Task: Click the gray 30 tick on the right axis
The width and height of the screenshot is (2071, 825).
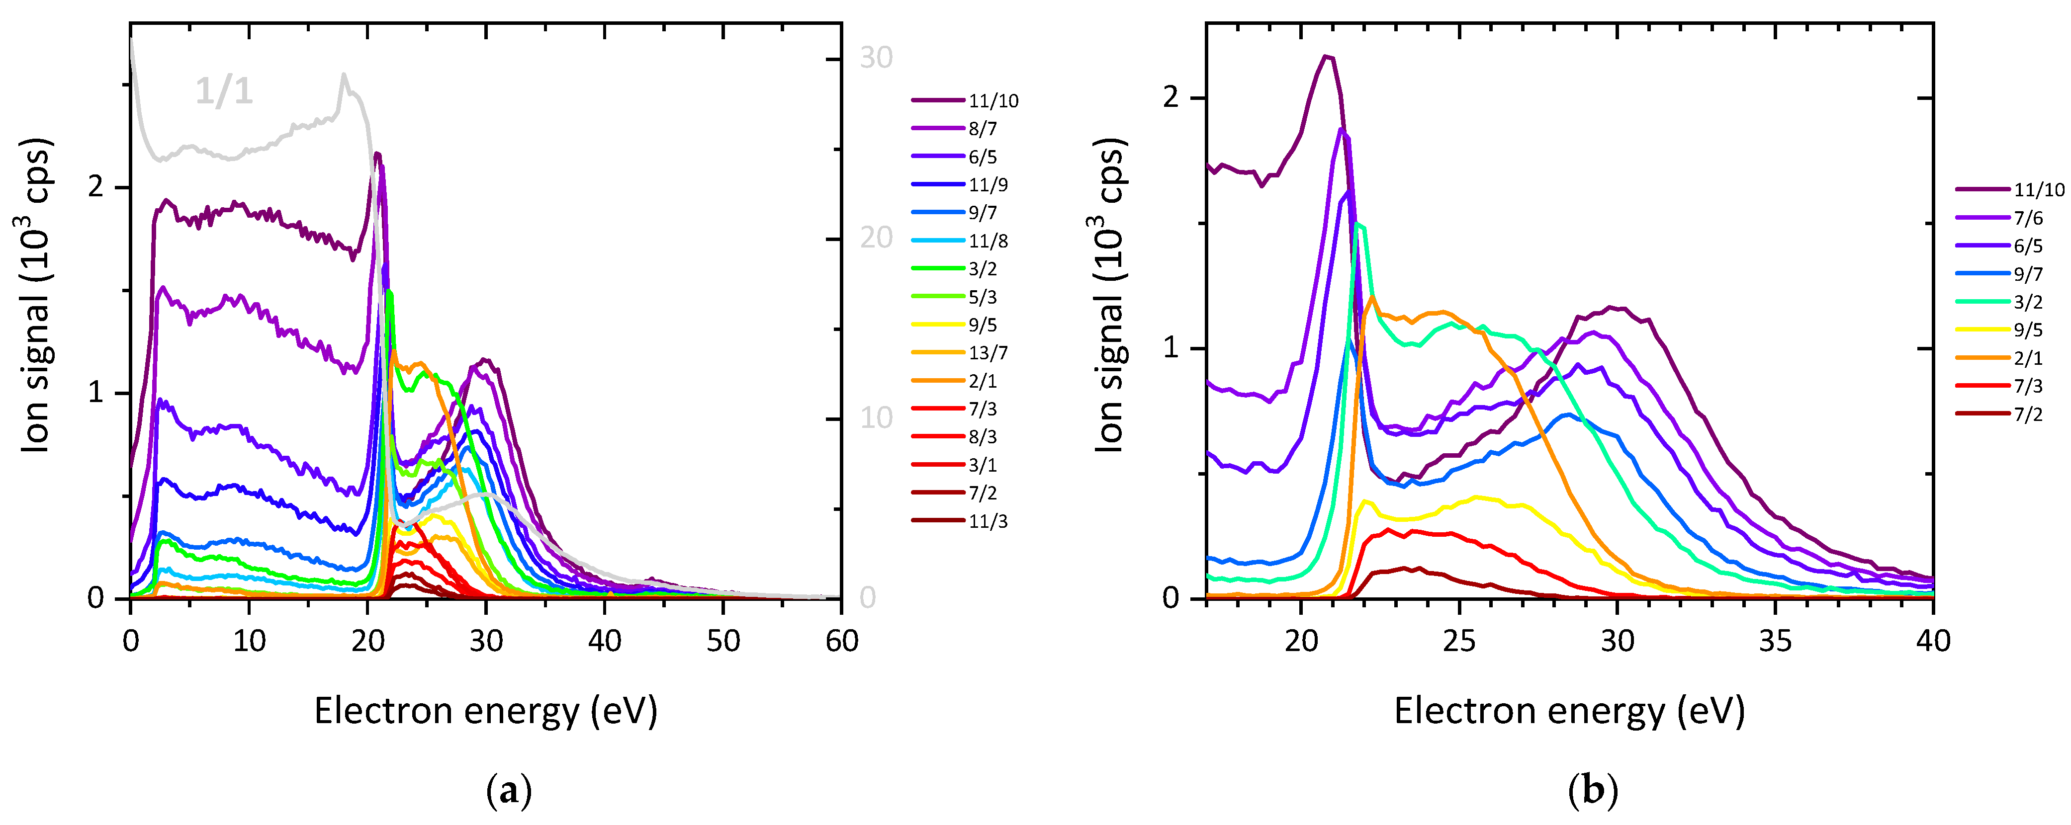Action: tap(876, 58)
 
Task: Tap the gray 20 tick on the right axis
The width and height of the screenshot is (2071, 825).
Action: tap(876, 238)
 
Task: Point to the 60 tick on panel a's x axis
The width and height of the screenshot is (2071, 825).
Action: tap(841, 641)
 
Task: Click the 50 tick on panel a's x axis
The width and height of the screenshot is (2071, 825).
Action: tap(723, 641)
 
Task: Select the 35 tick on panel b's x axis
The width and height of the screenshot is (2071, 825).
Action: tap(1775, 641)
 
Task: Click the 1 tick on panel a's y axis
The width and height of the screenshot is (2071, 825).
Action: tap(96, 393)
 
